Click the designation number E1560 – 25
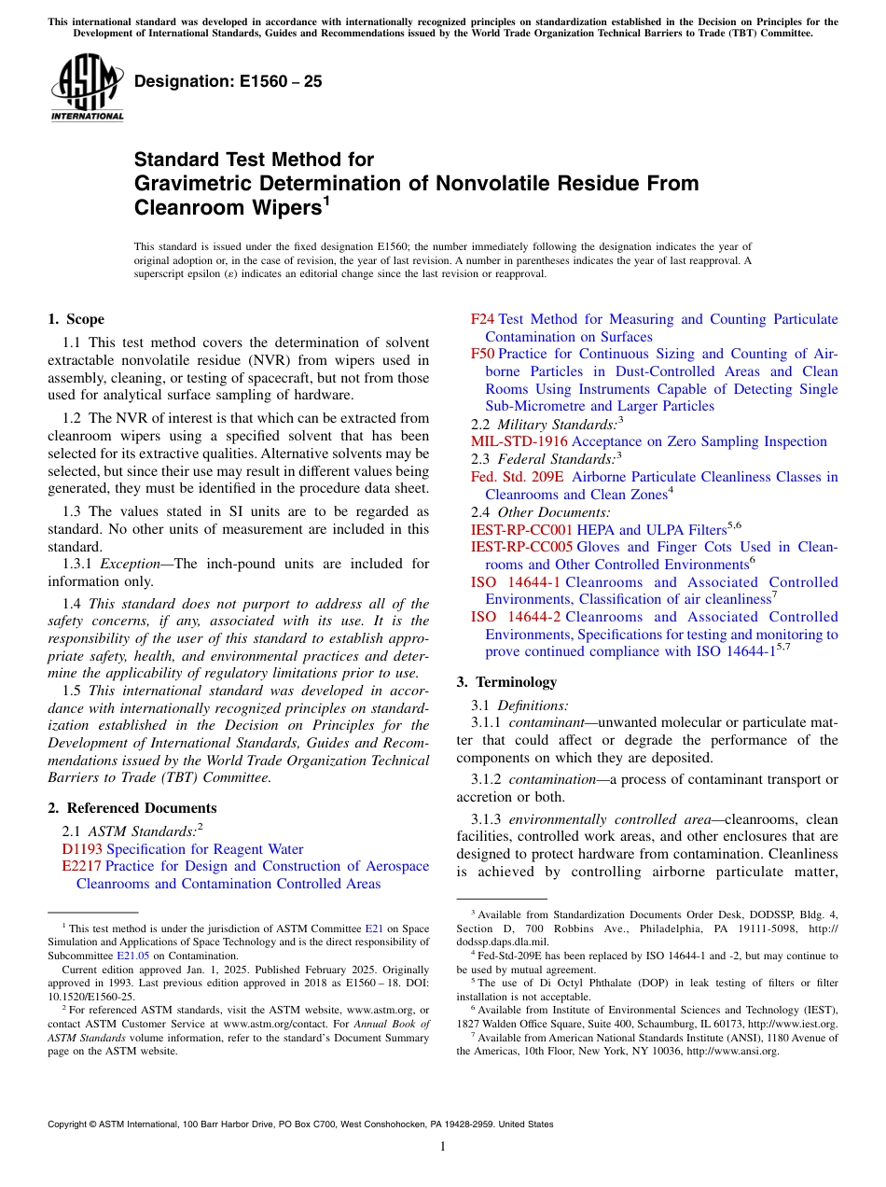pyautogui.click(x=228, y=81)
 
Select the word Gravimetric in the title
pyautogui.click(x=192, y=184)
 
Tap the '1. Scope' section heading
pyautogui.click(x=76, y=319)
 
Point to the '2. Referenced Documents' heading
pyautogui.click(x=132, y=808)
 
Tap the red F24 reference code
pyautogui.click(x=482, y=319)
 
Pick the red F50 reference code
pyautogui.click(x=482, y=354)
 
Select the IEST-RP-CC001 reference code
pyautogui.click(x=521, y=529)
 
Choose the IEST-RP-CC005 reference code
pyautogui.click(x=521, y=547)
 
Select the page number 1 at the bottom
pyautogui.click(x=443, y=1147)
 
